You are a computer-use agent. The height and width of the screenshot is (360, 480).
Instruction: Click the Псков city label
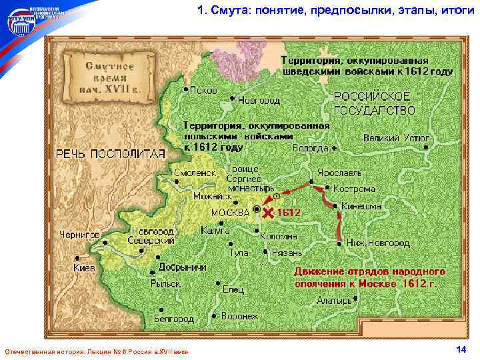point(203,90)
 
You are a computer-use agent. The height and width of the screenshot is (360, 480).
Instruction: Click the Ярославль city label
point(339,172)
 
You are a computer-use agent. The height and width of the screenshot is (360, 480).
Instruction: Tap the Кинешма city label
point(361,207)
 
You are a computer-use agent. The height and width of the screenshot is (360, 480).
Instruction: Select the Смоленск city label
point(195,172)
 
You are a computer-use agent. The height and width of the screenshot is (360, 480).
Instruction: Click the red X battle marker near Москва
point(268,213)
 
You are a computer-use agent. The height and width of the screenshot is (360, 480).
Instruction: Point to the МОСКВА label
point(230,211)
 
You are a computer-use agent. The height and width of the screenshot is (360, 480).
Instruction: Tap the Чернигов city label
point(80,235)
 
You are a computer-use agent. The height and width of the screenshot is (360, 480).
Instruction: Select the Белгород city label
point(173,319)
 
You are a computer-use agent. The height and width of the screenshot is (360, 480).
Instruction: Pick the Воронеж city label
point(239,316)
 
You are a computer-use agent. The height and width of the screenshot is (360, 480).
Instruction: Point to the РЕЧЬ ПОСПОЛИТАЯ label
point(110,153)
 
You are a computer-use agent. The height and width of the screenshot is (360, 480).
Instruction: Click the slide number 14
point(461,350)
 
